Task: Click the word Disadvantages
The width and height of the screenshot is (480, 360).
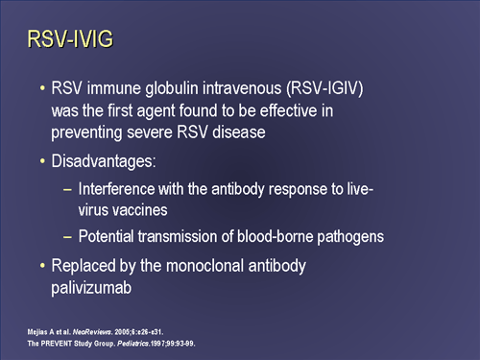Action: coord(102,164)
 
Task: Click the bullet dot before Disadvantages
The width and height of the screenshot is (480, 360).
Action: coord(42,164)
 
